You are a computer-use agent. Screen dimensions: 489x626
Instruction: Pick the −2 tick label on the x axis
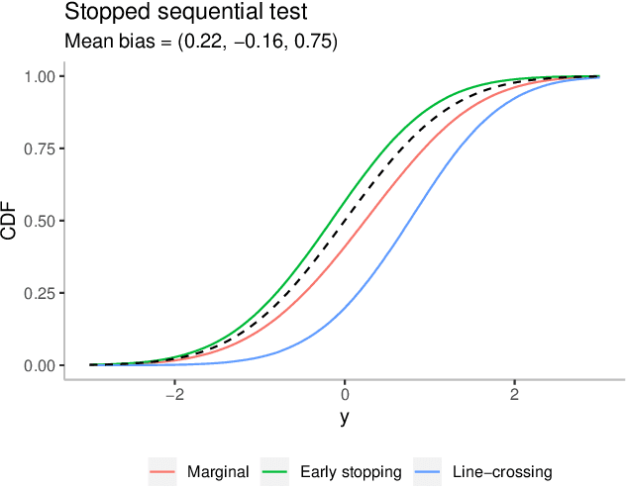coord(174,392)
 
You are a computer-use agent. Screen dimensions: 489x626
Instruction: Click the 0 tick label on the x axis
coord(345,392)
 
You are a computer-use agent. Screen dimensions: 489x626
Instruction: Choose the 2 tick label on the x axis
coord(514,392)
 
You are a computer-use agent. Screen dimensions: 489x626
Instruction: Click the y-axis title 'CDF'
coord(12,221)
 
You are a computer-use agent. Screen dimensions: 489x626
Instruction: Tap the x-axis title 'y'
coord(345,417)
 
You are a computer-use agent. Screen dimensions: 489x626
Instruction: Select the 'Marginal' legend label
coord(218,472)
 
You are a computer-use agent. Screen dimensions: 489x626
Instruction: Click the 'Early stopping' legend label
coord(350,472)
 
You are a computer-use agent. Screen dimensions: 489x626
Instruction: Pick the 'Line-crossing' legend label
coord(501,472)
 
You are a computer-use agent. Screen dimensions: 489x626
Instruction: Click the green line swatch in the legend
coord(274,472)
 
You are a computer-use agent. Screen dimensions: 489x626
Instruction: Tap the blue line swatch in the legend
coord(427,472)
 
